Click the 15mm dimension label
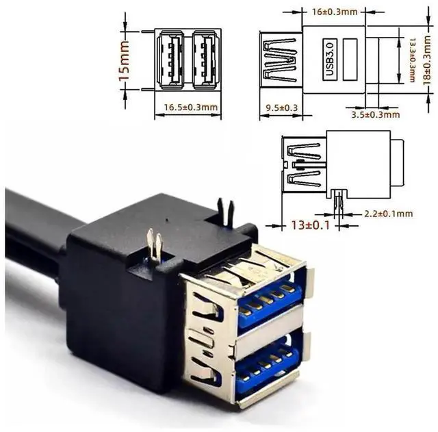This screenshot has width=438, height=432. tap(124, 60)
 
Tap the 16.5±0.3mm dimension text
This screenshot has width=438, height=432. tap(191, 107)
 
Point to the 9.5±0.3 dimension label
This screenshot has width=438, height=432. tap(281, 107)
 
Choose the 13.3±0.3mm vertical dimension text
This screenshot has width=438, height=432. tap(412, 60)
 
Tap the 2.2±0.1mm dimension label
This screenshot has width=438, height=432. tap(388, 214)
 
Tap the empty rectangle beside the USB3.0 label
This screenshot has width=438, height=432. tap(351, 60)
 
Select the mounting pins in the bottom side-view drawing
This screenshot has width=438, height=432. tap(337, 203)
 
